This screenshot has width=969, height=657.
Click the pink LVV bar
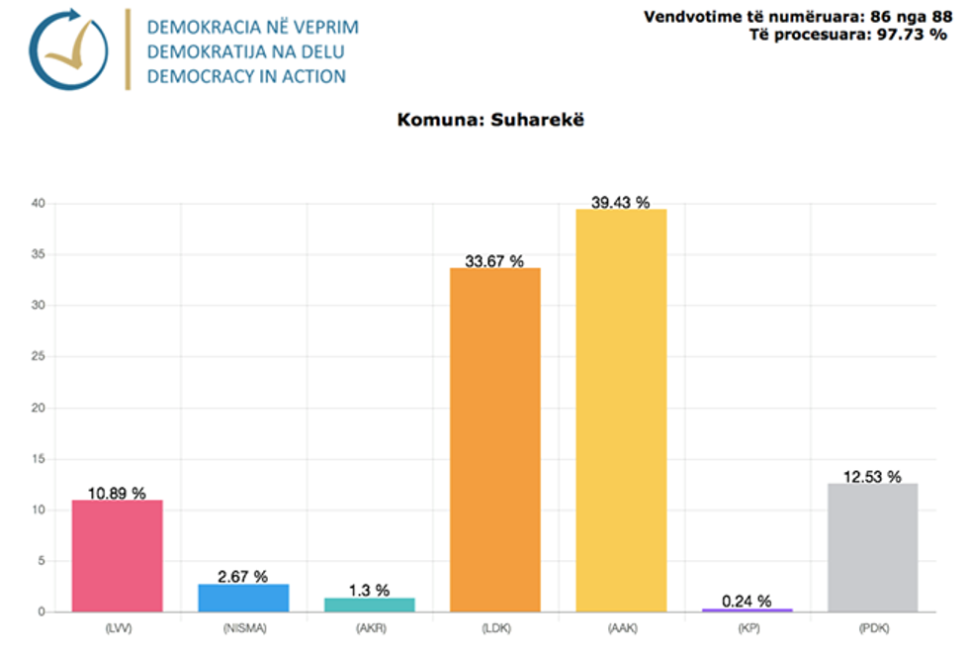point(117,555)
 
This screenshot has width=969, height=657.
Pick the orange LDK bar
point(495,439)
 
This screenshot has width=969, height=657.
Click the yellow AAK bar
point(621,410)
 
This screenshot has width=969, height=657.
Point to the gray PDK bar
point(873,547)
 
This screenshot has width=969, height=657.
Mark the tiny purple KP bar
point(748,610)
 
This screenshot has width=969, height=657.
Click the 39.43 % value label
point(621,202)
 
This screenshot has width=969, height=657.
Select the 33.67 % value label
point(495,261)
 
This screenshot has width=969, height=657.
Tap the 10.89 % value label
point(117,493)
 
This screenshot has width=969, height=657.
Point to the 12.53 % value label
point(873,477)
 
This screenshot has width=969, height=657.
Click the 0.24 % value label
point(748,600)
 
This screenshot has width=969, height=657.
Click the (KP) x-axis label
point(748,626)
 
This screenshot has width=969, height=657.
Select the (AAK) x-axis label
point(621,626)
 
